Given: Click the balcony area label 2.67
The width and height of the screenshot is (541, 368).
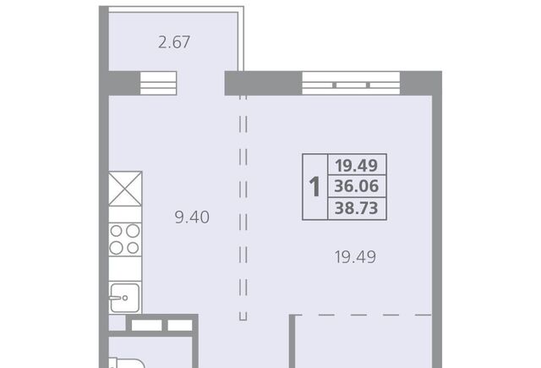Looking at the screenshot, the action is click(174, 42).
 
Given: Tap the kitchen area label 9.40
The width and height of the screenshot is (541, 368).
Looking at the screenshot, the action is click(192, 217).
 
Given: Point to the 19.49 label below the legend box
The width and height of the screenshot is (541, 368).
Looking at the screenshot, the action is click(355, 257).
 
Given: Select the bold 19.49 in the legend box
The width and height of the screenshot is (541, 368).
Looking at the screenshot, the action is click(357, 165).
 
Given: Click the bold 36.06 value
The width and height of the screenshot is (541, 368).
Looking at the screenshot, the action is click(357, 186).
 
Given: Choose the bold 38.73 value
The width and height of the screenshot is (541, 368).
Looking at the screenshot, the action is click(357, 208).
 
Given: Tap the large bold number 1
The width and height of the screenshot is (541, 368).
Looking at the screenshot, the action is click(314, 187).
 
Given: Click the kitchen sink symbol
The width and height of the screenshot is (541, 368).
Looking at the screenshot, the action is click(124, 298).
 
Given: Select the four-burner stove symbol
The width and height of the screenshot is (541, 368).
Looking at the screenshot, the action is click(125, 239).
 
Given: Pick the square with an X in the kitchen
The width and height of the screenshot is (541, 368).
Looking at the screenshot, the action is click(125, 189).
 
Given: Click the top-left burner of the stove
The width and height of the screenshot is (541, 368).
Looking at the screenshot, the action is click(117, 231).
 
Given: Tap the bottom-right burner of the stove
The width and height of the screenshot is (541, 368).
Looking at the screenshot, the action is click(133, 248).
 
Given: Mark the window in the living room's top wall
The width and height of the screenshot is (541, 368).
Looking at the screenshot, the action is click(351, 83).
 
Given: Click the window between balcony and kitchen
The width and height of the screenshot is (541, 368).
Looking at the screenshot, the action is click(158, 83).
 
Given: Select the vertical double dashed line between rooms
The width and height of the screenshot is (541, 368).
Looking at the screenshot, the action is click(243, 207).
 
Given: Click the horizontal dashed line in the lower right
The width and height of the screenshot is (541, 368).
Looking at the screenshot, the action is click(363, 315).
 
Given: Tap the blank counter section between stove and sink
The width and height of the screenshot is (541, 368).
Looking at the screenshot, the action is click(125, 269).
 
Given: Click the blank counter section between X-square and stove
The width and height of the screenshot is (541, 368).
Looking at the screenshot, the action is click(125, 214).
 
